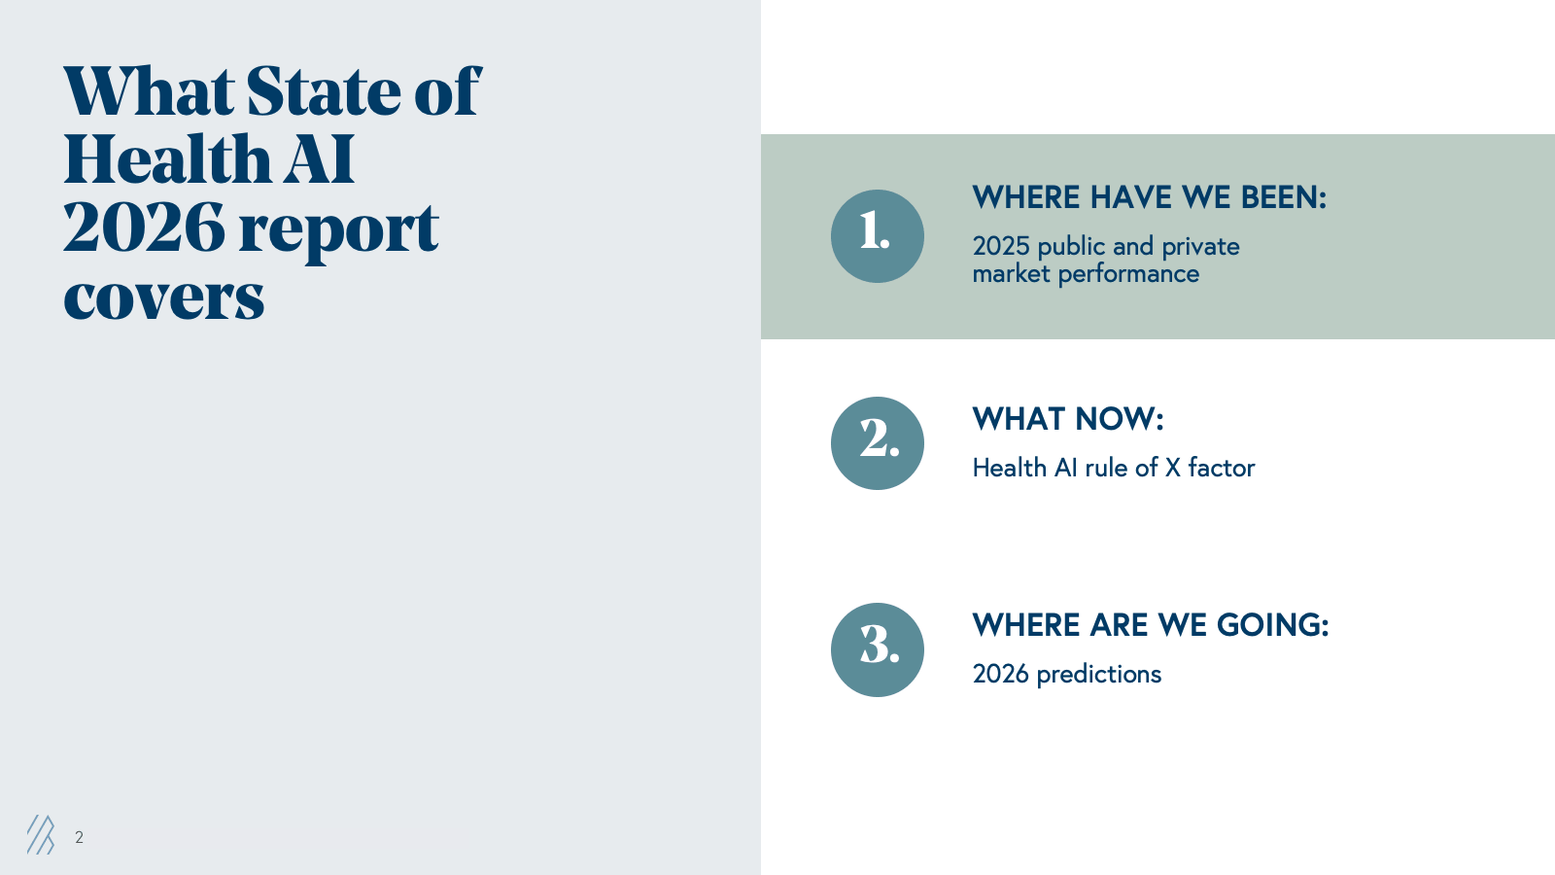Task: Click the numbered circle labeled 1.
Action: (877, 236)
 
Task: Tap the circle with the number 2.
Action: (877, 443)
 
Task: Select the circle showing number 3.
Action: (877, 650)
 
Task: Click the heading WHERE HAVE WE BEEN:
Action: (1149, 197)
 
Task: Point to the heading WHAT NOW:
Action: (1068, 419)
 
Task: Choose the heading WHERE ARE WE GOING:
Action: (1151, 625)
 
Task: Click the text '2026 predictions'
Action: (1066, 674)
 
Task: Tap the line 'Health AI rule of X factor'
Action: (1114, 468)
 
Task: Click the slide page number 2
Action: (79, 837)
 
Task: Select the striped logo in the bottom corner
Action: (41, 835)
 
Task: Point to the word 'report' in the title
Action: (339, 230)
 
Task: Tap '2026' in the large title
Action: (144, 227)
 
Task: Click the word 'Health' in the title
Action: (166, 158)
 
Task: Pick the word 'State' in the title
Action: (323, 90)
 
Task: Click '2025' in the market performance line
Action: (1000, 246)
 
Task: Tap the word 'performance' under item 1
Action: (1128, 274)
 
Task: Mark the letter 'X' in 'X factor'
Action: (1172, 468)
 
